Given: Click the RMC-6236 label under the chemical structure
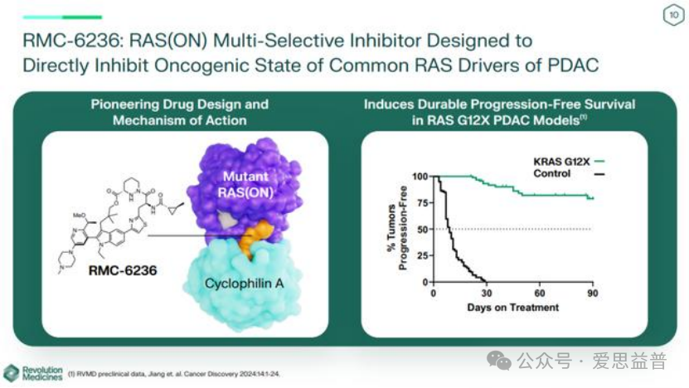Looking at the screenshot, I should tap(123, 269).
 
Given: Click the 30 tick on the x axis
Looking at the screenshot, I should tap(486, 293).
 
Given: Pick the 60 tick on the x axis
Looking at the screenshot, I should tap(539, 293).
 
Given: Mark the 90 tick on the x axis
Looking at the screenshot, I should tap(592, 293).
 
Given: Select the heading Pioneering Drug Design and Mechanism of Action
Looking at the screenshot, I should tap(179, 112).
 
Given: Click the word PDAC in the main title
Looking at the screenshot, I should tap(565, 65).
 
